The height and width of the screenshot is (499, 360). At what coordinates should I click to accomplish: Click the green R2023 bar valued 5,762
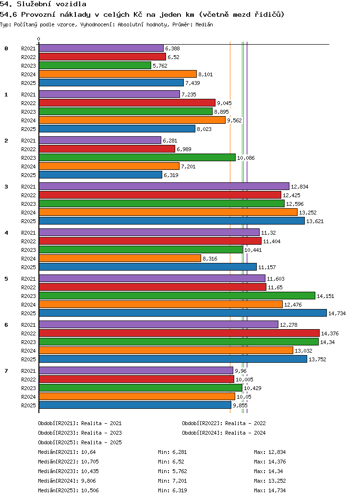pos(95,66)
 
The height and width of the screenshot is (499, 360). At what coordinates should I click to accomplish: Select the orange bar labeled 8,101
pos(118,74)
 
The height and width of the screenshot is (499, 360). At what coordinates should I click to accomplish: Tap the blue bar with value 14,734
pos(183,313)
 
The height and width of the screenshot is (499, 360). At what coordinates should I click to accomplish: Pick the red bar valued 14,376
pos(179,333)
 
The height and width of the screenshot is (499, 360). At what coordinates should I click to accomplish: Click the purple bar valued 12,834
pos(164,187)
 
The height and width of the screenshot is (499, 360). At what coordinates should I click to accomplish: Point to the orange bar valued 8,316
pos(120,259)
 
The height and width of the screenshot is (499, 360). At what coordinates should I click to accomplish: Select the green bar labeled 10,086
pos(137,157)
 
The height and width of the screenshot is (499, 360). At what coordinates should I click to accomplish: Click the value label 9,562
pos(234,120)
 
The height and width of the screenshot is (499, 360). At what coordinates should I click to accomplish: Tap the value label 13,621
pos(315,221)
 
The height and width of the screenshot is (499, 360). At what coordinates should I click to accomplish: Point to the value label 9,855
pos(240,405)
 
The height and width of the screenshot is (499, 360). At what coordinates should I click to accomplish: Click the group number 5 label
pos(6,279)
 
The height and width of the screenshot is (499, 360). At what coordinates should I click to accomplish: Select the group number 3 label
pos(6,187)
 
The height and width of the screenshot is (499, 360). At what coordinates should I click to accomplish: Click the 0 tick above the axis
pos(38,39)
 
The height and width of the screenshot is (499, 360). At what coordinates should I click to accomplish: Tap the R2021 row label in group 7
pos(28,371)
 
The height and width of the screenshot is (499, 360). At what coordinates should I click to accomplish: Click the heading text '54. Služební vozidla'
pos(43,4)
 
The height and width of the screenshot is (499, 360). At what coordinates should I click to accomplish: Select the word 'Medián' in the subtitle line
pos(204,24)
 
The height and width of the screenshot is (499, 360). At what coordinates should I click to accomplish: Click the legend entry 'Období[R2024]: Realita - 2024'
pos(224,433)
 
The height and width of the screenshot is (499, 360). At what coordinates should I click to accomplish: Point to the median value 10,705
pos(90,462)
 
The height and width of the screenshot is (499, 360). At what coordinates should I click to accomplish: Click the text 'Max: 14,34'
pos(268,471)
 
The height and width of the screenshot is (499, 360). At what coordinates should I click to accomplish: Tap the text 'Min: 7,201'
pos(172,481)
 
